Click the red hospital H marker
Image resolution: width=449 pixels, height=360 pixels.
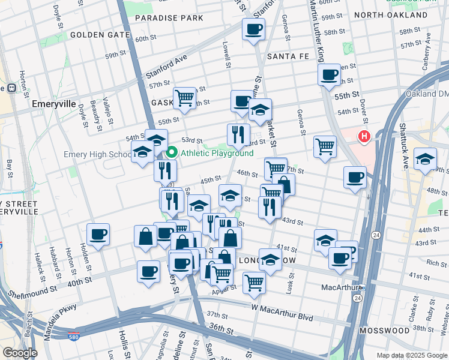pyautogui.click(x=364, y=137)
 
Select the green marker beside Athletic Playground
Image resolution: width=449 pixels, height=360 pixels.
pyautogui.click(x=170, y=153)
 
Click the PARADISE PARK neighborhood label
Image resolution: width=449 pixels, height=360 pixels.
pyautogui.click(x=169, y=18)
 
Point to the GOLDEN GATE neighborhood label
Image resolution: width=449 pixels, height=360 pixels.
pyautogui.click(x=100, y=35)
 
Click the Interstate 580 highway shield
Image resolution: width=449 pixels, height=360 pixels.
pyautogui.click(x=73, y=337)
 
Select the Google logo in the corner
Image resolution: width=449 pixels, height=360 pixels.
pyautogui.click(x=20, y=352)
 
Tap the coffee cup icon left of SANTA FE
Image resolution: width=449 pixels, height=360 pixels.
pyautogui.click(x=253, y=28)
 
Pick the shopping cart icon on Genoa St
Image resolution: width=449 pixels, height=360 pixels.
pyautogui.click(x=325, y=146)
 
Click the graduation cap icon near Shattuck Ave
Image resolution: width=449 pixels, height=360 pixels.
pyautogui.click(x=425, y=159)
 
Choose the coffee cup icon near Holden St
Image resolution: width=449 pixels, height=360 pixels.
pyautogui.click(x=98, y=234)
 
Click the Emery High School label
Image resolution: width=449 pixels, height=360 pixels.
pyautogui.click(x=98, y=155)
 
